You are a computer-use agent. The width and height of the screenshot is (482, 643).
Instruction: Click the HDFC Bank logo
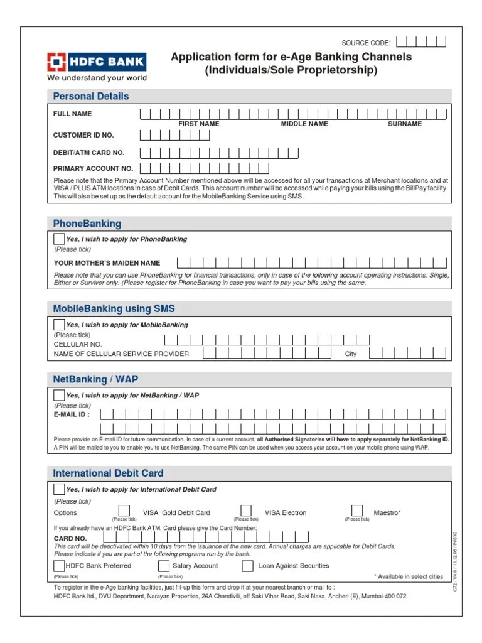point(97,62)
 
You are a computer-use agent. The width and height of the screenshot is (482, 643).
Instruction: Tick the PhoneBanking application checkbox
point(59,239)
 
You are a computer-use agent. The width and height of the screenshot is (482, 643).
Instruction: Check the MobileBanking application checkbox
point(59,325)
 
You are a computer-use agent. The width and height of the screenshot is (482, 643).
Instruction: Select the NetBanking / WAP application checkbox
point(59,396)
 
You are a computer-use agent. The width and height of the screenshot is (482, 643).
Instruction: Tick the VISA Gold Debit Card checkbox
point(124,511)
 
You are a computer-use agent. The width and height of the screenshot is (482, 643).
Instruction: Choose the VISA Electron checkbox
point(246,511)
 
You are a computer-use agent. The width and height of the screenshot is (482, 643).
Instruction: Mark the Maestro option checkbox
point(356,511)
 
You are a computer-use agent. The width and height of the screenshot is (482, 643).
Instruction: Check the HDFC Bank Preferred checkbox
point(59,566)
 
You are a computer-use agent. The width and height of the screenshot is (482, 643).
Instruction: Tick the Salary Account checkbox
point(164,566)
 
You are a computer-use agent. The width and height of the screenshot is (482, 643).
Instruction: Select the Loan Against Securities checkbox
point(247,566)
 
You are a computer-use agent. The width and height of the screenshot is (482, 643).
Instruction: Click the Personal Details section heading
point(91,96)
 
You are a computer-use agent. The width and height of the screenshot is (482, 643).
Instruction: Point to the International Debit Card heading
point(108,473)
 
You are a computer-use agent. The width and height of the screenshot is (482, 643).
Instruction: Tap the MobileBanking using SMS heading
point(114,308)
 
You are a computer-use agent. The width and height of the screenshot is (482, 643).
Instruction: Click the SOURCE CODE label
point(366,43)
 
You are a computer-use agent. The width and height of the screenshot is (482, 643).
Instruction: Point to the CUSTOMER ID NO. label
point(83,135)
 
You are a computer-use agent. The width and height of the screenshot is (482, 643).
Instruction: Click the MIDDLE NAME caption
point(304,124)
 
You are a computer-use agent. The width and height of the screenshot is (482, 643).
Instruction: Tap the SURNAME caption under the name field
point(405,124)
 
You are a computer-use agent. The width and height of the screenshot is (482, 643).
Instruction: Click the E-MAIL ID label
point(72,414)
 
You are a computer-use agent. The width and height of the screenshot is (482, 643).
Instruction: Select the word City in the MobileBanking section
point(351,354)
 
